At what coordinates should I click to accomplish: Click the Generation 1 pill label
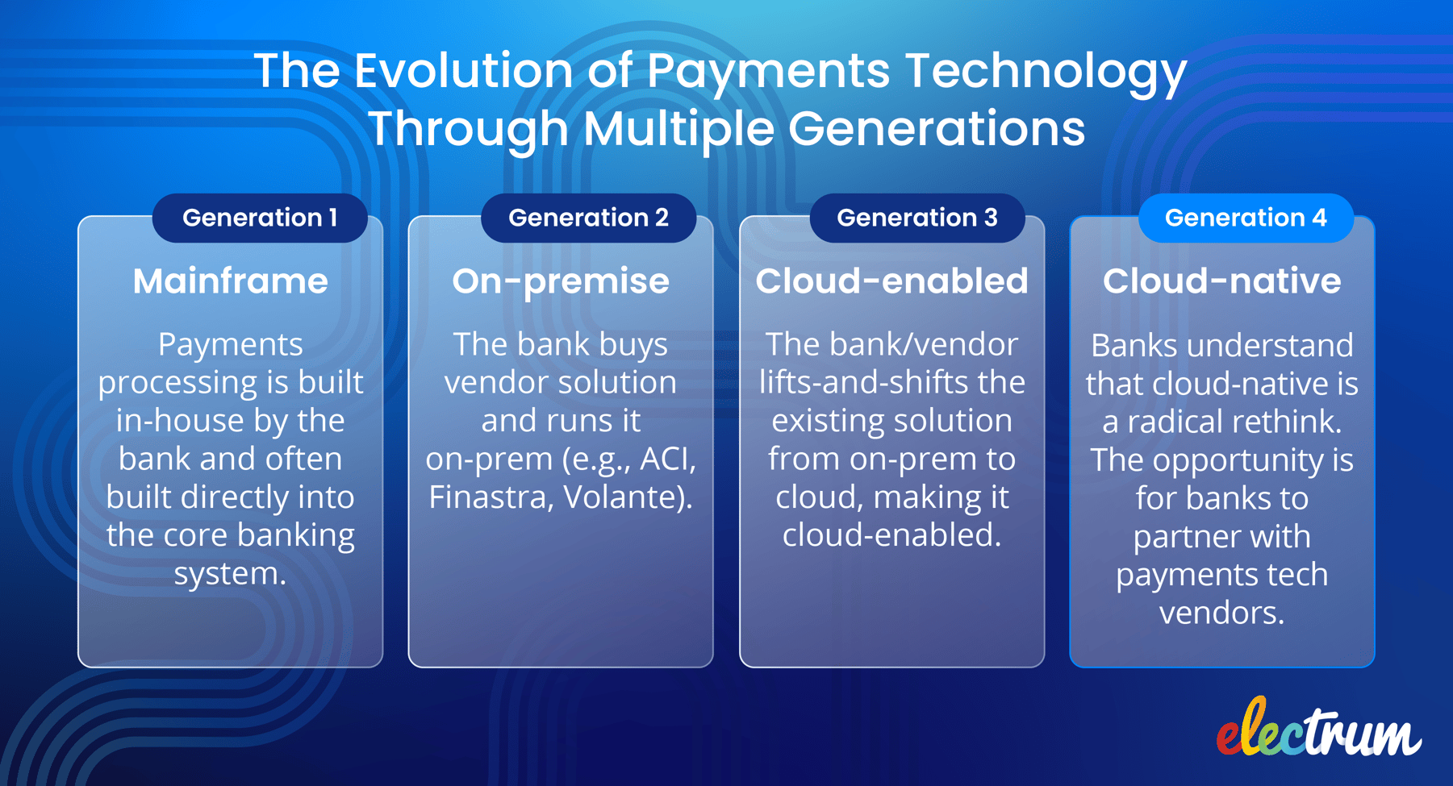(259, 218)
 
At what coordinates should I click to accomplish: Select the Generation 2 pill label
(588, 218)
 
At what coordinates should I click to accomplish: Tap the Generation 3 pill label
(916, 218)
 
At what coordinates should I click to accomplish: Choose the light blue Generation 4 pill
(1245, 218)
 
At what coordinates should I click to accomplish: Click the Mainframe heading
(230, 281)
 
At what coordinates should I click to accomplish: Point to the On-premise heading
(560, 281)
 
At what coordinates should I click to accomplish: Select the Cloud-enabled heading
(891, 281)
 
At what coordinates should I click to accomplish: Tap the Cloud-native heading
(1221, 281)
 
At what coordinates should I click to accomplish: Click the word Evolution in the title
(464, 71)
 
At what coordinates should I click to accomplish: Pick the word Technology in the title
(1046, 71)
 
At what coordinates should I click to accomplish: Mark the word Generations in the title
(936, 129)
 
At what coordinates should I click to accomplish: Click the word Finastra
(490, 497)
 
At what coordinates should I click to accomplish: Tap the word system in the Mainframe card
(229, 574)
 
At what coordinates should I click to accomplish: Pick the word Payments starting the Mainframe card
(230, 345)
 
